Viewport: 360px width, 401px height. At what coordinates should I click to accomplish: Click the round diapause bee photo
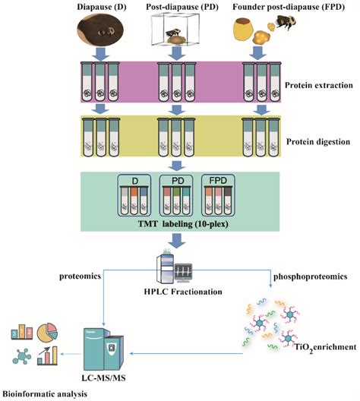99,33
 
